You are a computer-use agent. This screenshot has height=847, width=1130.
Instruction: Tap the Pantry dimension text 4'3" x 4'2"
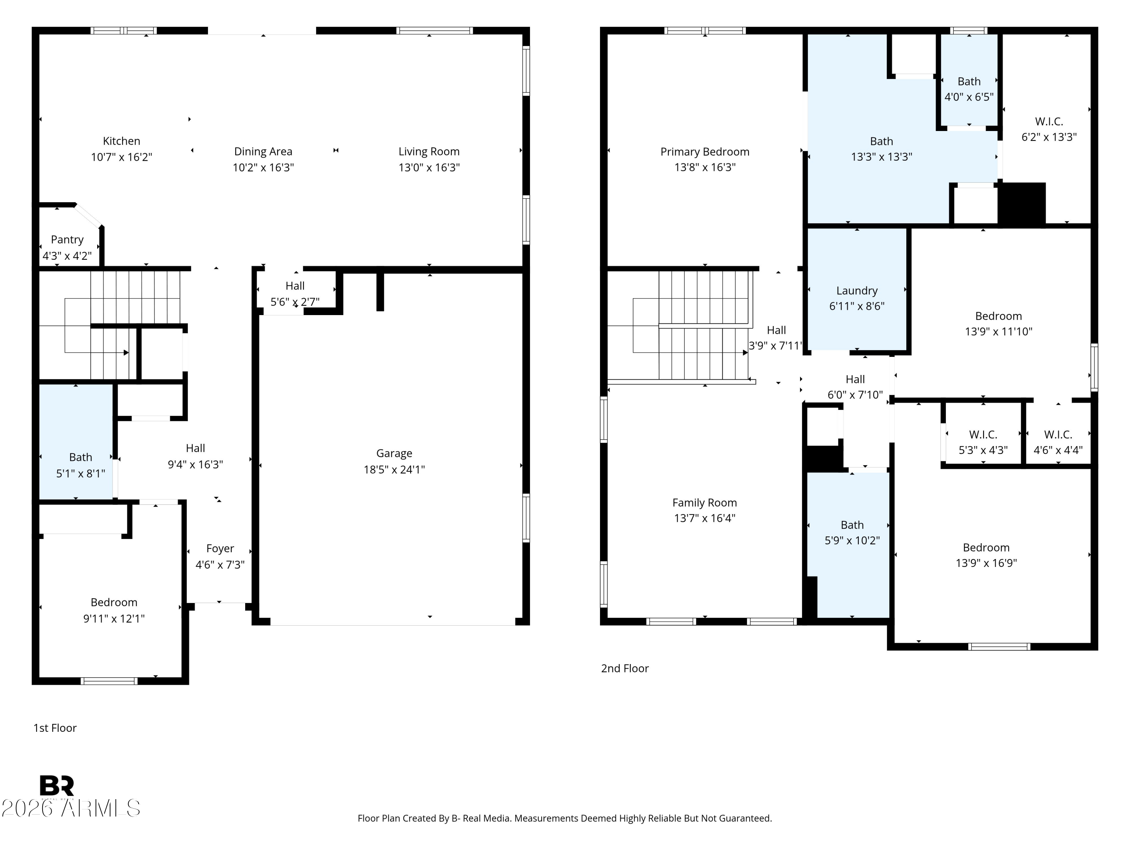tap(67, 256)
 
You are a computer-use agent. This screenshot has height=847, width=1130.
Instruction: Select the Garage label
tap(394, 453)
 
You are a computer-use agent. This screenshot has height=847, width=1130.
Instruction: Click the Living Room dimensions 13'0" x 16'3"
tap(429, 168)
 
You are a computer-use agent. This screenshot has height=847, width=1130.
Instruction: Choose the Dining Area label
tap(263, 152)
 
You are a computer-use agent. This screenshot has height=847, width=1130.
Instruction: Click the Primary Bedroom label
tap(704, 152)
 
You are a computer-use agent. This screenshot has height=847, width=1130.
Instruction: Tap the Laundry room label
tap(857, 291)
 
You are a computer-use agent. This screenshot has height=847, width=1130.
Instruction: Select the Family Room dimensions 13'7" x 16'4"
tap(704, 518)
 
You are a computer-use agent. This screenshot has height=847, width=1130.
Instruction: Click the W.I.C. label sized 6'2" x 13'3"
tap(1049, 122)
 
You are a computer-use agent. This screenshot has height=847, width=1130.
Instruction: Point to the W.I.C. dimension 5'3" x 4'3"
tap(983, 450)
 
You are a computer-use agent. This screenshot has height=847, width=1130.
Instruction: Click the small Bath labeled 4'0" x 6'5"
tap(968, 82)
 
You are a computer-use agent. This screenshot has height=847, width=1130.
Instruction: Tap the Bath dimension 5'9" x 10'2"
tap(852, 541)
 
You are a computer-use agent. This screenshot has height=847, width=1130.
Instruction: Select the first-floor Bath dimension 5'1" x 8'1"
tap(81, 473)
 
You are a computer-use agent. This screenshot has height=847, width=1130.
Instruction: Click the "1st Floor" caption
tap(55, 728)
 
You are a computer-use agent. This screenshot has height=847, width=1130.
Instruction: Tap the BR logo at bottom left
tap(57, 786)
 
